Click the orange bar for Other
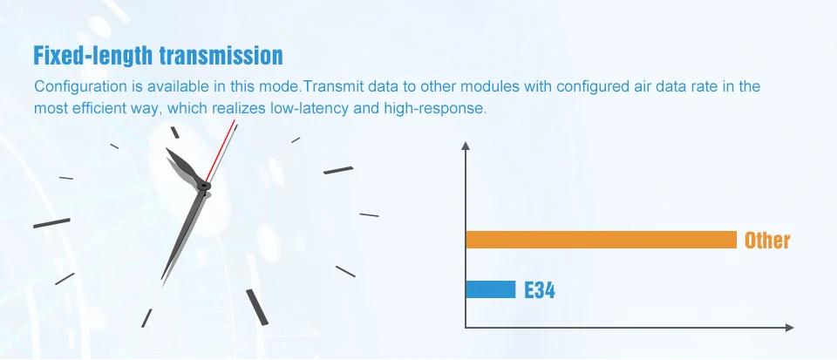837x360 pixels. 601,240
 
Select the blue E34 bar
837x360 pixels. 491,289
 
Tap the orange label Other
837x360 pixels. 767,241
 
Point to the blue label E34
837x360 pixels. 540,290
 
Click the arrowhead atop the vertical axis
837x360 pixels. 466,146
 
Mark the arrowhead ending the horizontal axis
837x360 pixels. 790,328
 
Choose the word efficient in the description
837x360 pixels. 98,108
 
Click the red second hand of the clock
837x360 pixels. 220,151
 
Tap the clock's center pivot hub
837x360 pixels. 203,187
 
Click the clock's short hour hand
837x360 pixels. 184,166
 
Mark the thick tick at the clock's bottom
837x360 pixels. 256,307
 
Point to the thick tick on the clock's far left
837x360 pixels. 51,223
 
